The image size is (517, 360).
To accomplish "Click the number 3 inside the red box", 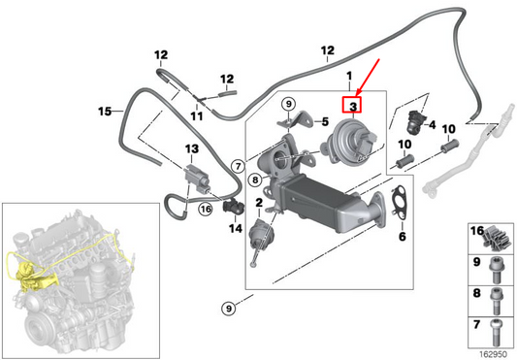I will click(x=354, y=105).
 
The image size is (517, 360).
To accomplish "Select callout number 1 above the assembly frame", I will click(x=349, y=75).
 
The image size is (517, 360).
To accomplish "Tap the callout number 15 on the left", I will click(x=105, y=112).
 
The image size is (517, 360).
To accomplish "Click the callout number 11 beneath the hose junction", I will click(x=196, y=116).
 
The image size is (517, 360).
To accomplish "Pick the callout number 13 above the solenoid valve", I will click(x=191, y=148).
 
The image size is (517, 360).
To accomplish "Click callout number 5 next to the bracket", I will click(x=326, y=122).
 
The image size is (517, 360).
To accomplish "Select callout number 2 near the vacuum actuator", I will click(x=258, y=203).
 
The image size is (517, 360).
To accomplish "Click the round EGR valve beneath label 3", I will click(x=346, y=136).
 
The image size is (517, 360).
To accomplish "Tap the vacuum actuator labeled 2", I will click(x=263, y=237).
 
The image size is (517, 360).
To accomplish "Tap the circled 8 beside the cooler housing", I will click(x=253, y=179).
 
